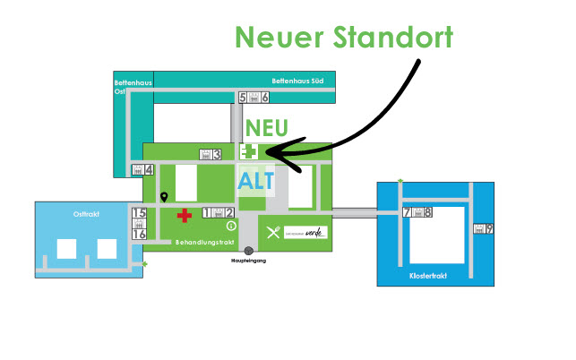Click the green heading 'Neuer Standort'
click(343, 39)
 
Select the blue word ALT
click(256, 180)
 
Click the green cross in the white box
click(252, 153)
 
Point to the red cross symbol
click(185, 215)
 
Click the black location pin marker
click(164, 196)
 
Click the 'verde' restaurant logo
click(305, 232)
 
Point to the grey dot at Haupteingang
click(248, 251)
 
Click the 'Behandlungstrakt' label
click(205, 243)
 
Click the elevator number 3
click(217, 154)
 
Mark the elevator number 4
click(150, 170)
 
